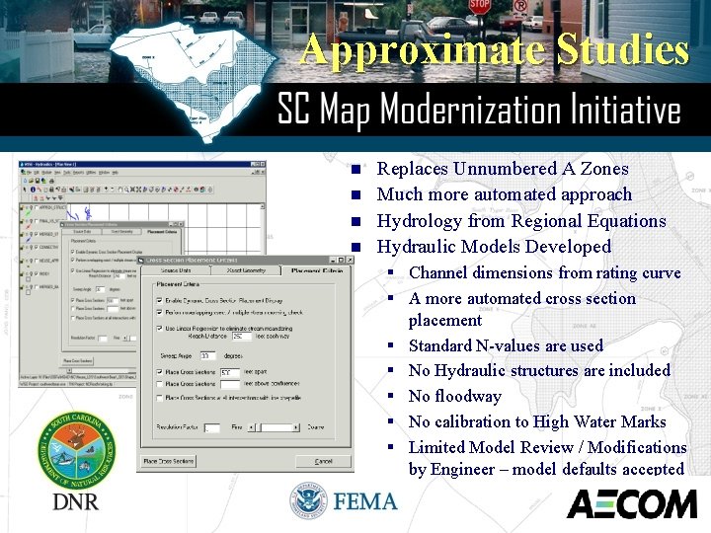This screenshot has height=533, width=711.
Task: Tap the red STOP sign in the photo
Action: tap(480, 6)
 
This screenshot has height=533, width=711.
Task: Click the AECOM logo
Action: tap(632, 503)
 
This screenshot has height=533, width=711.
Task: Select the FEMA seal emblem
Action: tap(309, 501)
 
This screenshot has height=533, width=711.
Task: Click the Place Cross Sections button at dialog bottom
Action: tap(180, 461)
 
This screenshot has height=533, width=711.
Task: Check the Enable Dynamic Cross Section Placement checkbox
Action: tap(160, 298)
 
